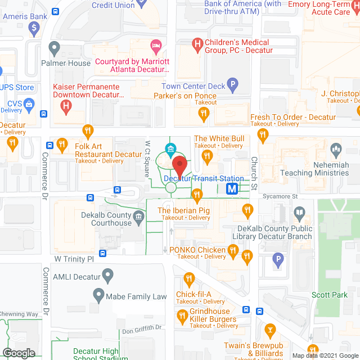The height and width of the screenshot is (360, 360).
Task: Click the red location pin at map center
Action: (x=179, y=166)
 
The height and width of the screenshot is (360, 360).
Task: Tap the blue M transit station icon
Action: (x=232, y=189)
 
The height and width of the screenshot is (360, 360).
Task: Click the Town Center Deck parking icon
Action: (x=233, y=85)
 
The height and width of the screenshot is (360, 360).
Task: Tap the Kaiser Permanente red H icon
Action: (x=66, y=105)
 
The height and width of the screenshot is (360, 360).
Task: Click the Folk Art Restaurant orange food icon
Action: (x=87, y=132)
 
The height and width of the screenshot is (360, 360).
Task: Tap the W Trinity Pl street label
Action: (x=73, y=259)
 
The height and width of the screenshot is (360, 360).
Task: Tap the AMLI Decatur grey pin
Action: (x=108, y=276)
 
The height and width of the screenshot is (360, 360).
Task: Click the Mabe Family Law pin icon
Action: (x=99, y=295)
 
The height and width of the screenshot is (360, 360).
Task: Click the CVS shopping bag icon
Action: (x=30, y=104)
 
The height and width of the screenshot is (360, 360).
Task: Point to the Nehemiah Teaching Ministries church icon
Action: (x=336, y=150)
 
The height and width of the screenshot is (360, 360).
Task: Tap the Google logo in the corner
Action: (x=18, y=353)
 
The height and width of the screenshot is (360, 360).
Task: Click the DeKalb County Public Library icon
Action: (x=299, y=214)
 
